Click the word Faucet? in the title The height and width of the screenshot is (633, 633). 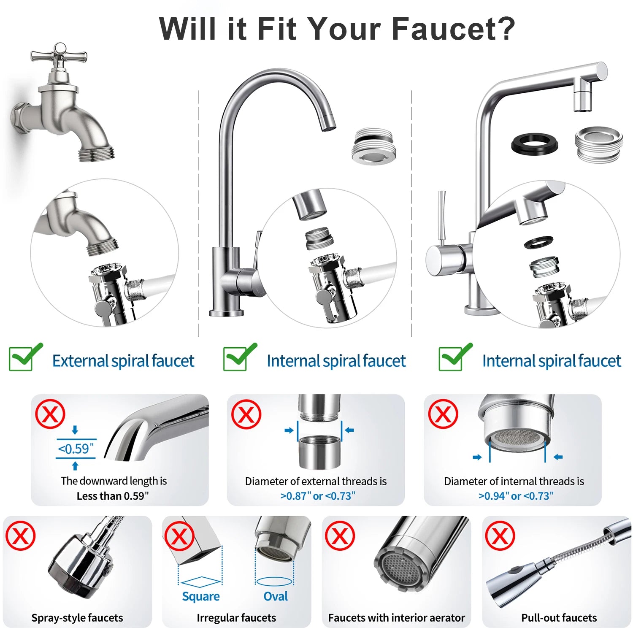pyautogui.click(x=453, y=29)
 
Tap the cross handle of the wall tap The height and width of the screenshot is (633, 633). pyautogui.click(x=60, y=55)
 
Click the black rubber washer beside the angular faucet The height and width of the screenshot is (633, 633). pyautogui.click(x=535, y=144)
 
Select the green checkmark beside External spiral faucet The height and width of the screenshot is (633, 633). pyautogui.click(x=25, y=357)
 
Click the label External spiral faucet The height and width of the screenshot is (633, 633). pyautogui.click(x=123, y=361)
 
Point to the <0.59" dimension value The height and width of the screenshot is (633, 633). pyautogui.click(x=76, y=449)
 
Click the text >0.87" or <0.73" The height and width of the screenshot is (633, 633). pyautogui.click(x=318, y=496)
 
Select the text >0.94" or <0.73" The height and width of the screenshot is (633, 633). pyautogui.click(x=516, y=496)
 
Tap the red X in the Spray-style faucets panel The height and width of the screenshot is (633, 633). pyautogui.click(x=20, y=536)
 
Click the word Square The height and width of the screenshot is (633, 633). pyautogui.click(x=201, y=596)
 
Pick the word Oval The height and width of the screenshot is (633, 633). pyautogui.click(x=276, y=596)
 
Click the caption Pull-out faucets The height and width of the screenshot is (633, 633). pyautogui.click(x=559, y=618)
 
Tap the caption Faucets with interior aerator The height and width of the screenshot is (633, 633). pyautogui.click(x=396, y=618)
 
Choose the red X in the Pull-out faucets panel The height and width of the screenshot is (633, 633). pyautogui.click(x=500, y=536)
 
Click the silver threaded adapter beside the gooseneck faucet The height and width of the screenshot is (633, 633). pyautogui.click(x=373, y=146)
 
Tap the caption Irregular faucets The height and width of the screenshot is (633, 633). pyautogui.click(x=236, y=618)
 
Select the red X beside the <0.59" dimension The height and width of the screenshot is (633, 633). pyautogui.click(x=50, y=414)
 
